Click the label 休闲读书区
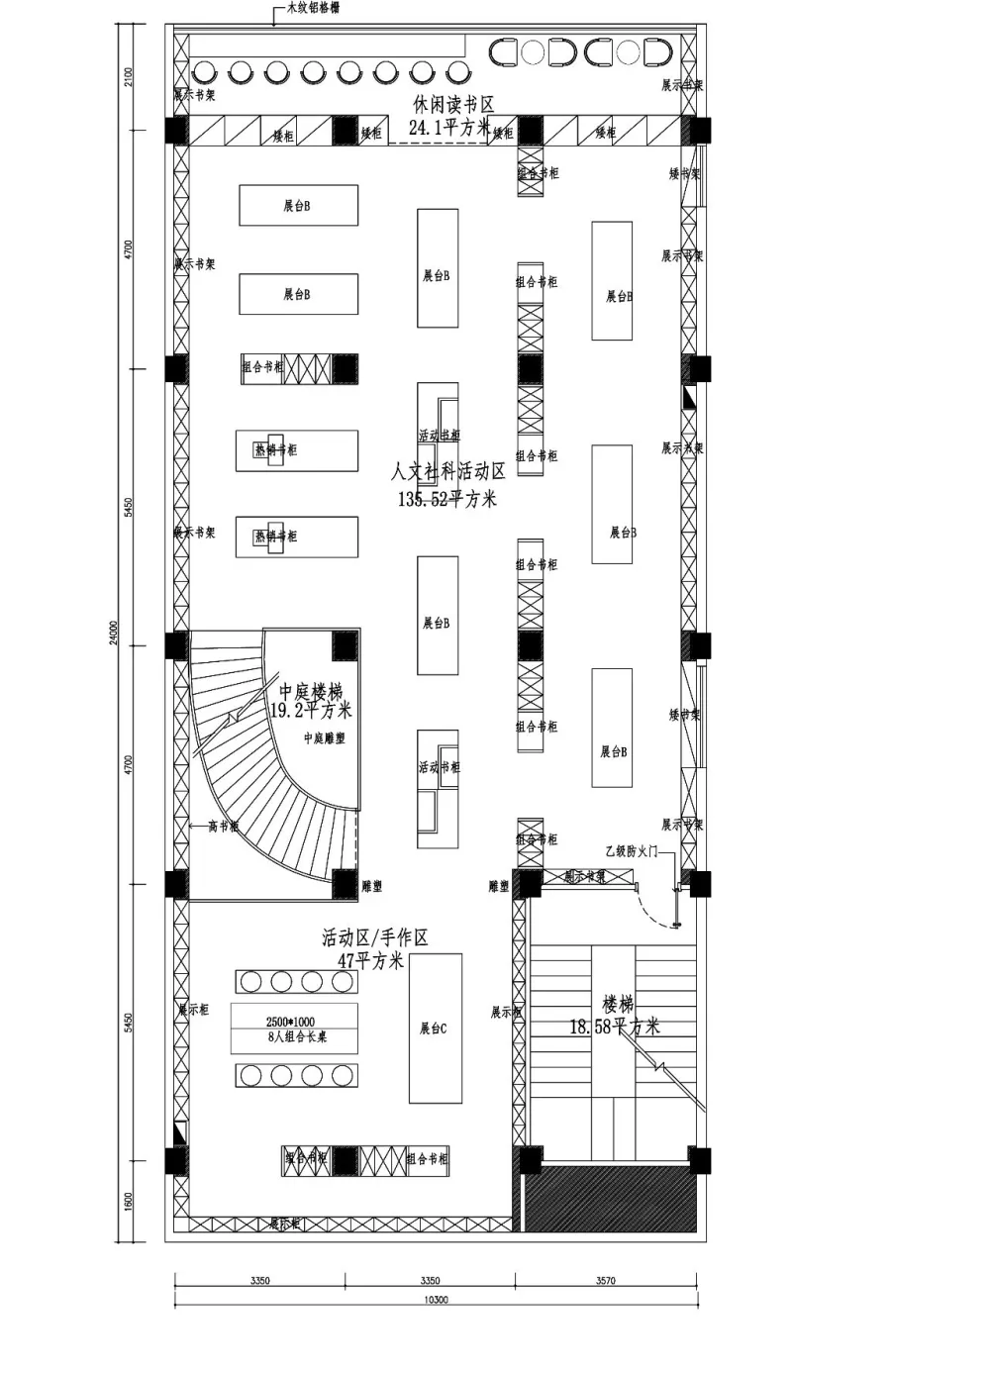click(453, 105)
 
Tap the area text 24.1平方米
click(449, 128)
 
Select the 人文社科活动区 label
click(447, 472)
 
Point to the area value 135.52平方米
click(447, 500)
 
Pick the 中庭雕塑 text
click(324, 738)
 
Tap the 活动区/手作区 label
click(374, 937)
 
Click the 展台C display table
click(435, 1029)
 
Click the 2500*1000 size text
click(290, 1022)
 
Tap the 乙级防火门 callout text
click(631, 851)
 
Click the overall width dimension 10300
click(436, 1299)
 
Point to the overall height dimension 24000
click(114, 634)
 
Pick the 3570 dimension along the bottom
click(605, 1280)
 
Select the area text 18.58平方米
click(614, 1028)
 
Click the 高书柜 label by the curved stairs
click(223, 827)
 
